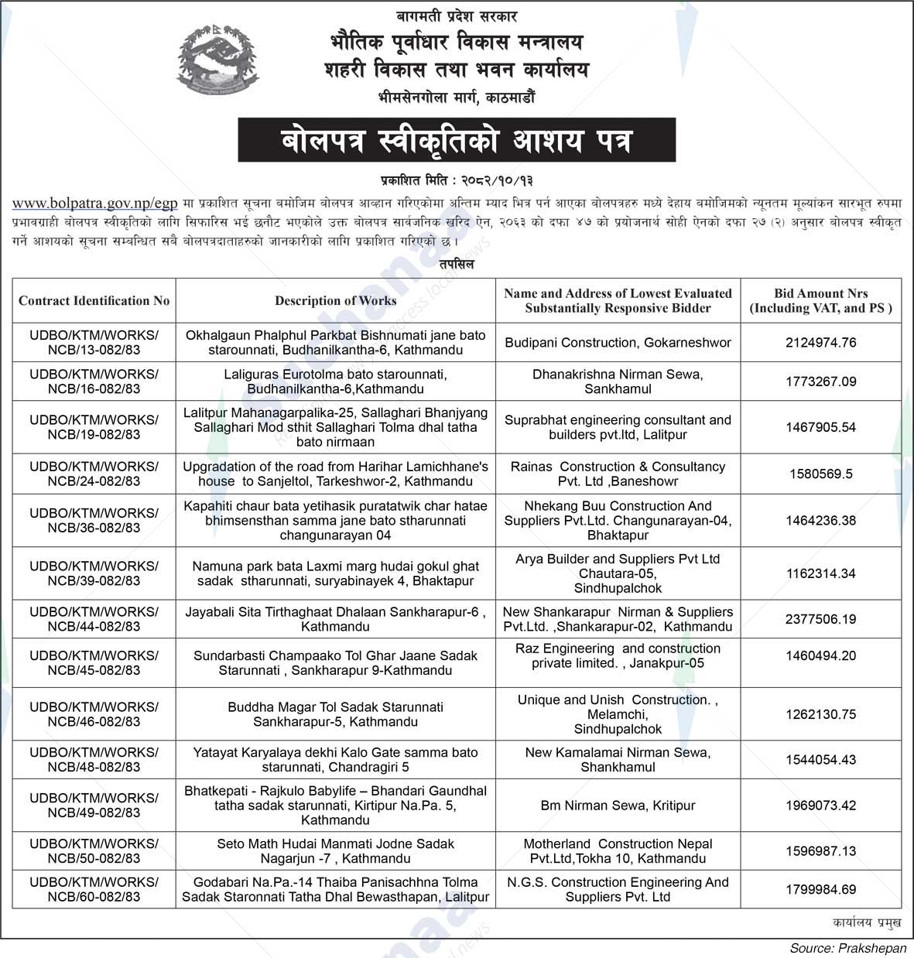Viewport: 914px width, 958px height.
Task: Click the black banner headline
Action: (x=457, y=140)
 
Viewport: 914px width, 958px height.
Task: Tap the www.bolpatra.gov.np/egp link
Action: (x=95, y=204)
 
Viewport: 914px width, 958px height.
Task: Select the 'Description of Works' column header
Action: (x=335, y=300)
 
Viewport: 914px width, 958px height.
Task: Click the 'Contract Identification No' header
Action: (x=94, y=300)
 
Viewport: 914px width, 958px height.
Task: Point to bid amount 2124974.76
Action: (x=820, y=343)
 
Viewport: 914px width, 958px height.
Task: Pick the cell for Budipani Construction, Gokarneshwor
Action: (x=618, y=343)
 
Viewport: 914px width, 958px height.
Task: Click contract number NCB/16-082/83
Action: (x=94, y=381)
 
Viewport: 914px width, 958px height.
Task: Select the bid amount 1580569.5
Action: (x=820, y=474)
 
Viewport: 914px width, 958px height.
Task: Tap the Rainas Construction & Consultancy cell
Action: (x=618, y=474)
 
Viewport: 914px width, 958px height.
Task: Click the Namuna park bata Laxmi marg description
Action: (x=335, y=573)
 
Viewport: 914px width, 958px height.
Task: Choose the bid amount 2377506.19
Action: (x=820, y=619)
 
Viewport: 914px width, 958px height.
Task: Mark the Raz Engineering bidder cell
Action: (x=618, y=655)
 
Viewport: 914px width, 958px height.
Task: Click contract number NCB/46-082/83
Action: (x=94, y=714)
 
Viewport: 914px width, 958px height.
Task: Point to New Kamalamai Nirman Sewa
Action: (x=618, y=759)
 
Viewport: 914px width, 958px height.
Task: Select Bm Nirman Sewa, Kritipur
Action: (x=618, y=806)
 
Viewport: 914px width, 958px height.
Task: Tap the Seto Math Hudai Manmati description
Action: (x=335, y=851)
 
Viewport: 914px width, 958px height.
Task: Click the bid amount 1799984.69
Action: (x=820, y=889)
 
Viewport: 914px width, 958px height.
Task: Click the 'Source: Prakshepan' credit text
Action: (x=847, y=948)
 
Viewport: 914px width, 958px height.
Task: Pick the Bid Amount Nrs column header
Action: (x=820, y=300)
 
